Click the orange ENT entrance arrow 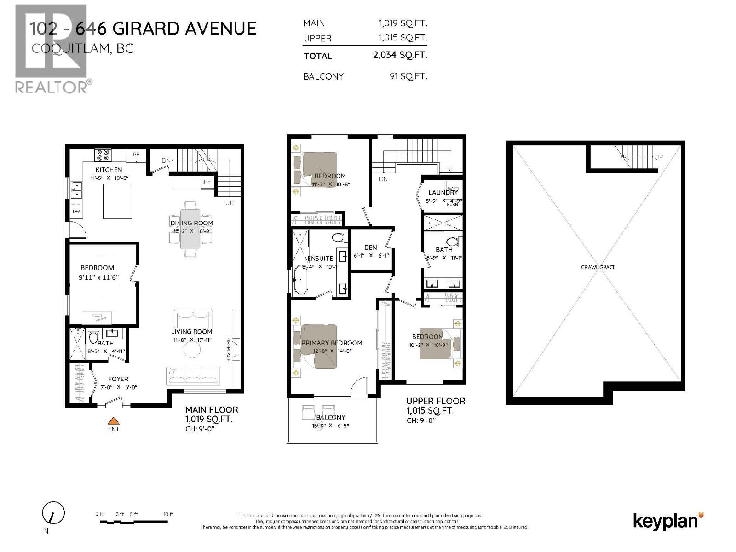pyautogui.click(x=113, y=420)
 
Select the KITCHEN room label pyautogui.click(x=109, y=170)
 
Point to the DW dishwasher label pyautogui.click(x=76, y=211)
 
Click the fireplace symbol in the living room pyautogui.click(x=235, y=350)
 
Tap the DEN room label pyautogui.click(x=370, y=247)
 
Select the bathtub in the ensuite pyautogui.click(x=302, y=279)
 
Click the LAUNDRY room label pyautogui.click(x=443, y=193)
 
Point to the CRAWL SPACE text pyautogui.click(x=598, y=267)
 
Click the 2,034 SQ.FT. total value pyautogui.click(x=400, y=55)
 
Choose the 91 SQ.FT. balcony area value pyautogui.click(x=408, y=76)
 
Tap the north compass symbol pyautogui.click(x=53, y=513)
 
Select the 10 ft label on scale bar pyautogui.click(x=168, y=514)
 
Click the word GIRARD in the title pyautogui.click(x=146, y=29)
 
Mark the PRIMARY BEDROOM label pyautogui.click(x=331, y=343)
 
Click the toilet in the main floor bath pyautogui.click(x=93, y=338)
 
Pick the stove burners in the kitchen pyautogui.click(x=102, y=155)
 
